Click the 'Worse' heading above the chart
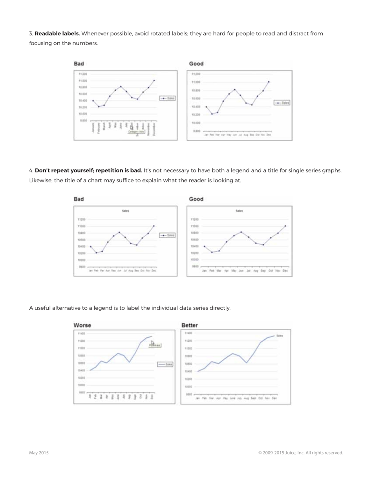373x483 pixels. pos(82,325)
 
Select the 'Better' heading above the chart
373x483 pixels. pos(190,325)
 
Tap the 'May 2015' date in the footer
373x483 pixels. pos(39,453)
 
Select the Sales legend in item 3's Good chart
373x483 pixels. pos(282,102)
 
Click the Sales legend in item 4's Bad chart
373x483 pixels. pos(167,235)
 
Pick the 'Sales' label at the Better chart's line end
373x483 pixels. pos(280,336)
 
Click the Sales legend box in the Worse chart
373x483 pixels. pos(165,364)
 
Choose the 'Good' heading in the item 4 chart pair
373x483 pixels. pos(196,199)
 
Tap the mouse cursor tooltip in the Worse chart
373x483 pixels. pos(155,345)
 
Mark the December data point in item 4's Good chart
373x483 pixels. pos(285,226)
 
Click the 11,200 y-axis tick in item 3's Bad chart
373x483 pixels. pos(82,74)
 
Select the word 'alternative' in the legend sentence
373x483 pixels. pos(65,308)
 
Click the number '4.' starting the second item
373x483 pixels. pos(31,170)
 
